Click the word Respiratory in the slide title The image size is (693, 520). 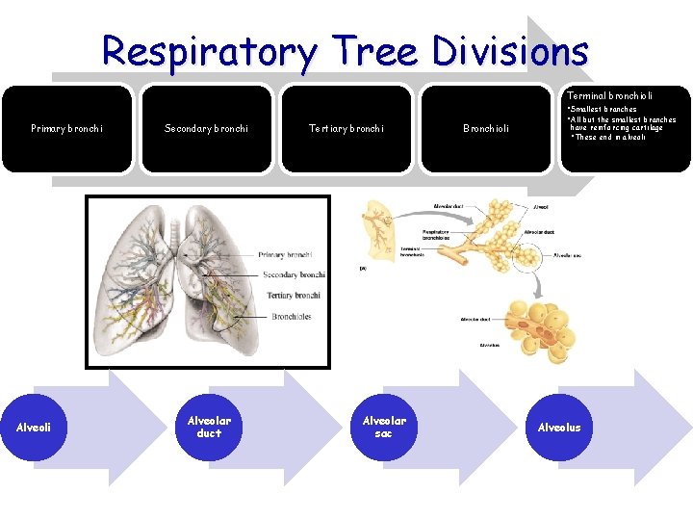(206, 51)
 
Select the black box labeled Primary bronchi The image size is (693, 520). (66, 128)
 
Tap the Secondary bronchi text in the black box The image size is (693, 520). (206, 128)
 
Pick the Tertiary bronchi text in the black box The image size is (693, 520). (346, 128)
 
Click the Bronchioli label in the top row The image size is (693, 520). (486, 128)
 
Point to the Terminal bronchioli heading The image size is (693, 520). (609, 96)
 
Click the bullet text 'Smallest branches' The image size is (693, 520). (603, 110)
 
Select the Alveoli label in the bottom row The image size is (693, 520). (34, 428)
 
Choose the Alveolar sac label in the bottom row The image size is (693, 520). (383, 427)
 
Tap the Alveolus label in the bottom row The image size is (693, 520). (559, 428)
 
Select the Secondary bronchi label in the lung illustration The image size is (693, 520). (294, 274)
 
